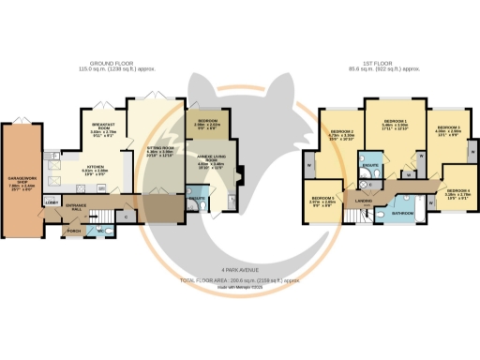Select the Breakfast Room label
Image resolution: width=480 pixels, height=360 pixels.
coord(102,128)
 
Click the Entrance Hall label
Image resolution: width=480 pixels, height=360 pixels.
coord(75,206)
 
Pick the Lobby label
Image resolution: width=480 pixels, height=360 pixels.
coord(51,202)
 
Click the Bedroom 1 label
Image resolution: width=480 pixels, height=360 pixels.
coord(393,124)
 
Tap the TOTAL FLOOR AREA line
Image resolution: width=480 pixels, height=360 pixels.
coord(240,280)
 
